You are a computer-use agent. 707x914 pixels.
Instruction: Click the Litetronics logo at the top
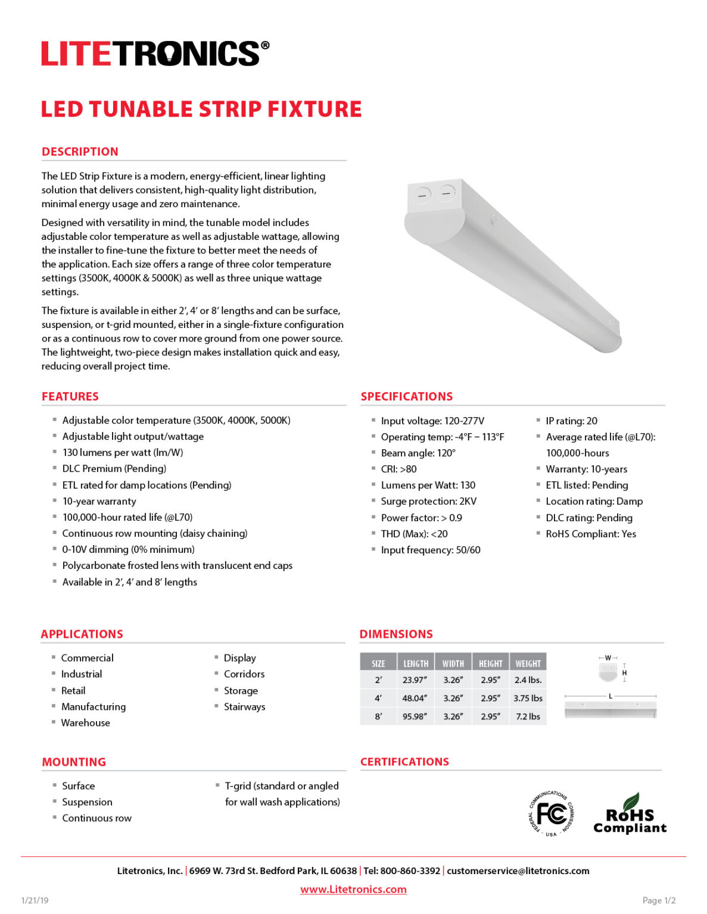[x=155, y=54]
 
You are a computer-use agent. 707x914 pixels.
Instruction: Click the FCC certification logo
[x=551, y=813]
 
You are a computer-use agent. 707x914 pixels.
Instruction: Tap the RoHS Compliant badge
[x=630, y=815]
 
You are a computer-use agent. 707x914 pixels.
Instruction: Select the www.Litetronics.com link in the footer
[x=353, y=889]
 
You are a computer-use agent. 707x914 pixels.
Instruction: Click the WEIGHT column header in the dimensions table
[x=528, y=663]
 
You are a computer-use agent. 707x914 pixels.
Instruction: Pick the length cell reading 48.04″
[x=415, y=698]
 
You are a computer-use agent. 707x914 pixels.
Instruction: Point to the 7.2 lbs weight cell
[x=528, y=716]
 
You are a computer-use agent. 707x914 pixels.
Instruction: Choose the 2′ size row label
[x=378, y=680]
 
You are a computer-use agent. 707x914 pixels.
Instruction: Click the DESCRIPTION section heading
[x=80, y=152]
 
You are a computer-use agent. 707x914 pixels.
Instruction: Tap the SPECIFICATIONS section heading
[x=407, y=396]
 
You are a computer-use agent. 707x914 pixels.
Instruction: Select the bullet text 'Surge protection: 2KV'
[x=428, y=501]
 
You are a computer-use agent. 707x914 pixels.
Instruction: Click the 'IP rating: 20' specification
[x=571, y=421]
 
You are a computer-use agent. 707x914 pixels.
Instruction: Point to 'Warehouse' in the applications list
[x=85, y=722]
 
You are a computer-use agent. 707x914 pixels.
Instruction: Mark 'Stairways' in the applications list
[x=244, y=706]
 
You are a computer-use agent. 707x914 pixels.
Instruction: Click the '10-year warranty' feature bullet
[x=99, y=501]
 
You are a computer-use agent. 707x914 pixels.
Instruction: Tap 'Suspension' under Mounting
[x=87, y=802]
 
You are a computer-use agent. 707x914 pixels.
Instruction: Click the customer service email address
[x=518, y=871]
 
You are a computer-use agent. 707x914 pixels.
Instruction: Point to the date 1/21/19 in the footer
[x=35, y=900]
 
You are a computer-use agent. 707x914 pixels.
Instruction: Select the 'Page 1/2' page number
[x=659, y=900]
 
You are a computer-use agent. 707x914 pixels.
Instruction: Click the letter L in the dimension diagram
[x=611, y=696]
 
